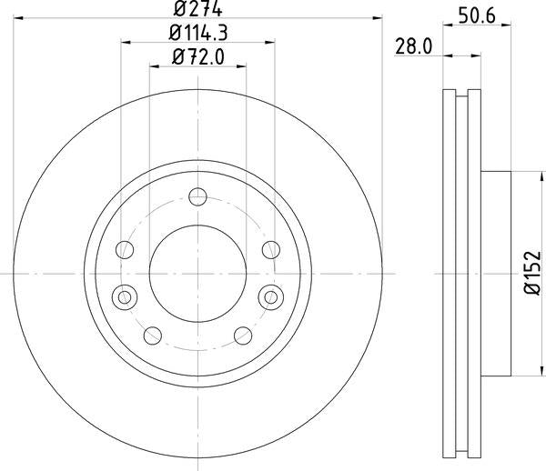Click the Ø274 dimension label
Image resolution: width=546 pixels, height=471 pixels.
pyautogui.click(x=197, y=8)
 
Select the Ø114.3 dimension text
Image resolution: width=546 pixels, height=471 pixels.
pyautogui.click(x=198, y=33)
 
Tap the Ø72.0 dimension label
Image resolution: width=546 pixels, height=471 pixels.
pyautogui.click(x=198, y=56)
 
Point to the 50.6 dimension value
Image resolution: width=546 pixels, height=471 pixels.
pyautogui.click(x=477, y=15)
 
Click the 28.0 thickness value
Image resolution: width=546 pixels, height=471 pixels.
pyautogui.click(x=413, y=46)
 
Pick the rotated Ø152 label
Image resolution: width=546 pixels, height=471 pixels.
pyautogui.click(x=533, y=273)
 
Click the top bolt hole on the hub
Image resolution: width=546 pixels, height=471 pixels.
pyautogui.click(x=197, y=197)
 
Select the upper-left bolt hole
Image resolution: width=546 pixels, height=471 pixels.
pyautogui.click(x=125, y=249)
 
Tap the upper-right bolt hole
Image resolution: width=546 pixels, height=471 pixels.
pyautogui.click(x=271, y=249)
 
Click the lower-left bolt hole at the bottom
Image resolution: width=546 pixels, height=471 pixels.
pyautogui.click(x=153, y=336)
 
